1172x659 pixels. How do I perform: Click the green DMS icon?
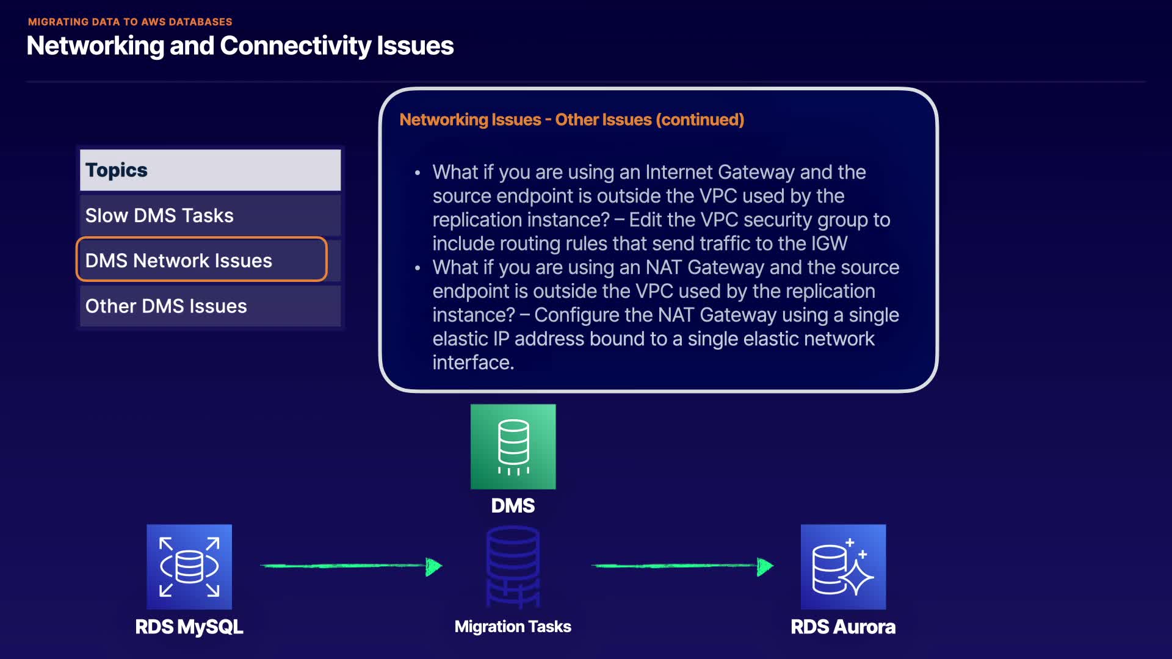pyautogui.click(x=513, y=447)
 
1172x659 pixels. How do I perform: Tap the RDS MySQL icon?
pyautogui.click(x=189, y=566)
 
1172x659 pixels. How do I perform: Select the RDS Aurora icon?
pyautogui.click(x=843, y=566)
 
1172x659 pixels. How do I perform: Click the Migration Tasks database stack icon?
pyautogui.click(x=513, y=566)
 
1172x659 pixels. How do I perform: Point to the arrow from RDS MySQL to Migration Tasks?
pyautogui.click(x=351, y=566)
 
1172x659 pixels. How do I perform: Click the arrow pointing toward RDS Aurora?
pyautogui.click(x=682, y=566)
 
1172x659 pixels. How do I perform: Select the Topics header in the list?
pyautogui.click(x=210, y=170)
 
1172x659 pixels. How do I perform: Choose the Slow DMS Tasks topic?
pyautogui.click(x=210, y=215)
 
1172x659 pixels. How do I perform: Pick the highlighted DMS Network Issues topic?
pyautogui.click(x=201, y=260)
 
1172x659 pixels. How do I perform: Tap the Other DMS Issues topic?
pyautogui.click(x=210, y=306)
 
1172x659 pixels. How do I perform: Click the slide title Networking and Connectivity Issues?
pyautogui.click(x=240, y=46)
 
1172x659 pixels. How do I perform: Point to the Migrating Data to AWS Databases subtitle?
pyautogui.click(x=130, y=22)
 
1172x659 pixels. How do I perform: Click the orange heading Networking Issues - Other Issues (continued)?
pyautogui.click(x=571, y=120)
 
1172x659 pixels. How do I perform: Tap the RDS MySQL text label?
pyautogui.click(x=189, y=627)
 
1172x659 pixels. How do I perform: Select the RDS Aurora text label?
pyautogui.click(x=843, y=627)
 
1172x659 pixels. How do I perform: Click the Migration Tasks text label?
pyautogui.click(x=513, y=627)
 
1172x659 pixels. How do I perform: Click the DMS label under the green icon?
pyautogui.click(x=513, y=506)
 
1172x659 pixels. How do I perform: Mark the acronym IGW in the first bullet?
pyautogui.click(x=829, y=243)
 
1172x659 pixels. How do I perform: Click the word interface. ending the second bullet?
pyautogui.click(x=473, y=362)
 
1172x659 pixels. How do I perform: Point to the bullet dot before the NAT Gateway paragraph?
pyautogui.click(x=418, y=268)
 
